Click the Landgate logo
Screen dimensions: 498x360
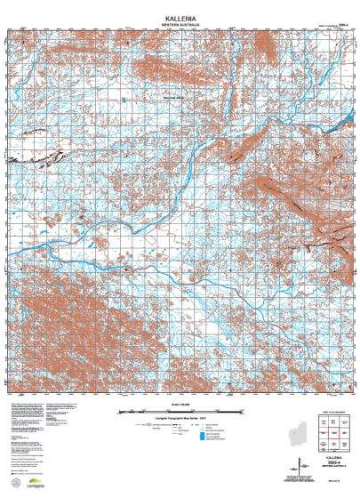point(26,486)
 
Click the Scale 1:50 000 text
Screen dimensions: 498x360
point(180,405)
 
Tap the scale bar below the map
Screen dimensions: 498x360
point(180,411)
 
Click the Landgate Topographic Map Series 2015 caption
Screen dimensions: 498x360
point(180,417)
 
